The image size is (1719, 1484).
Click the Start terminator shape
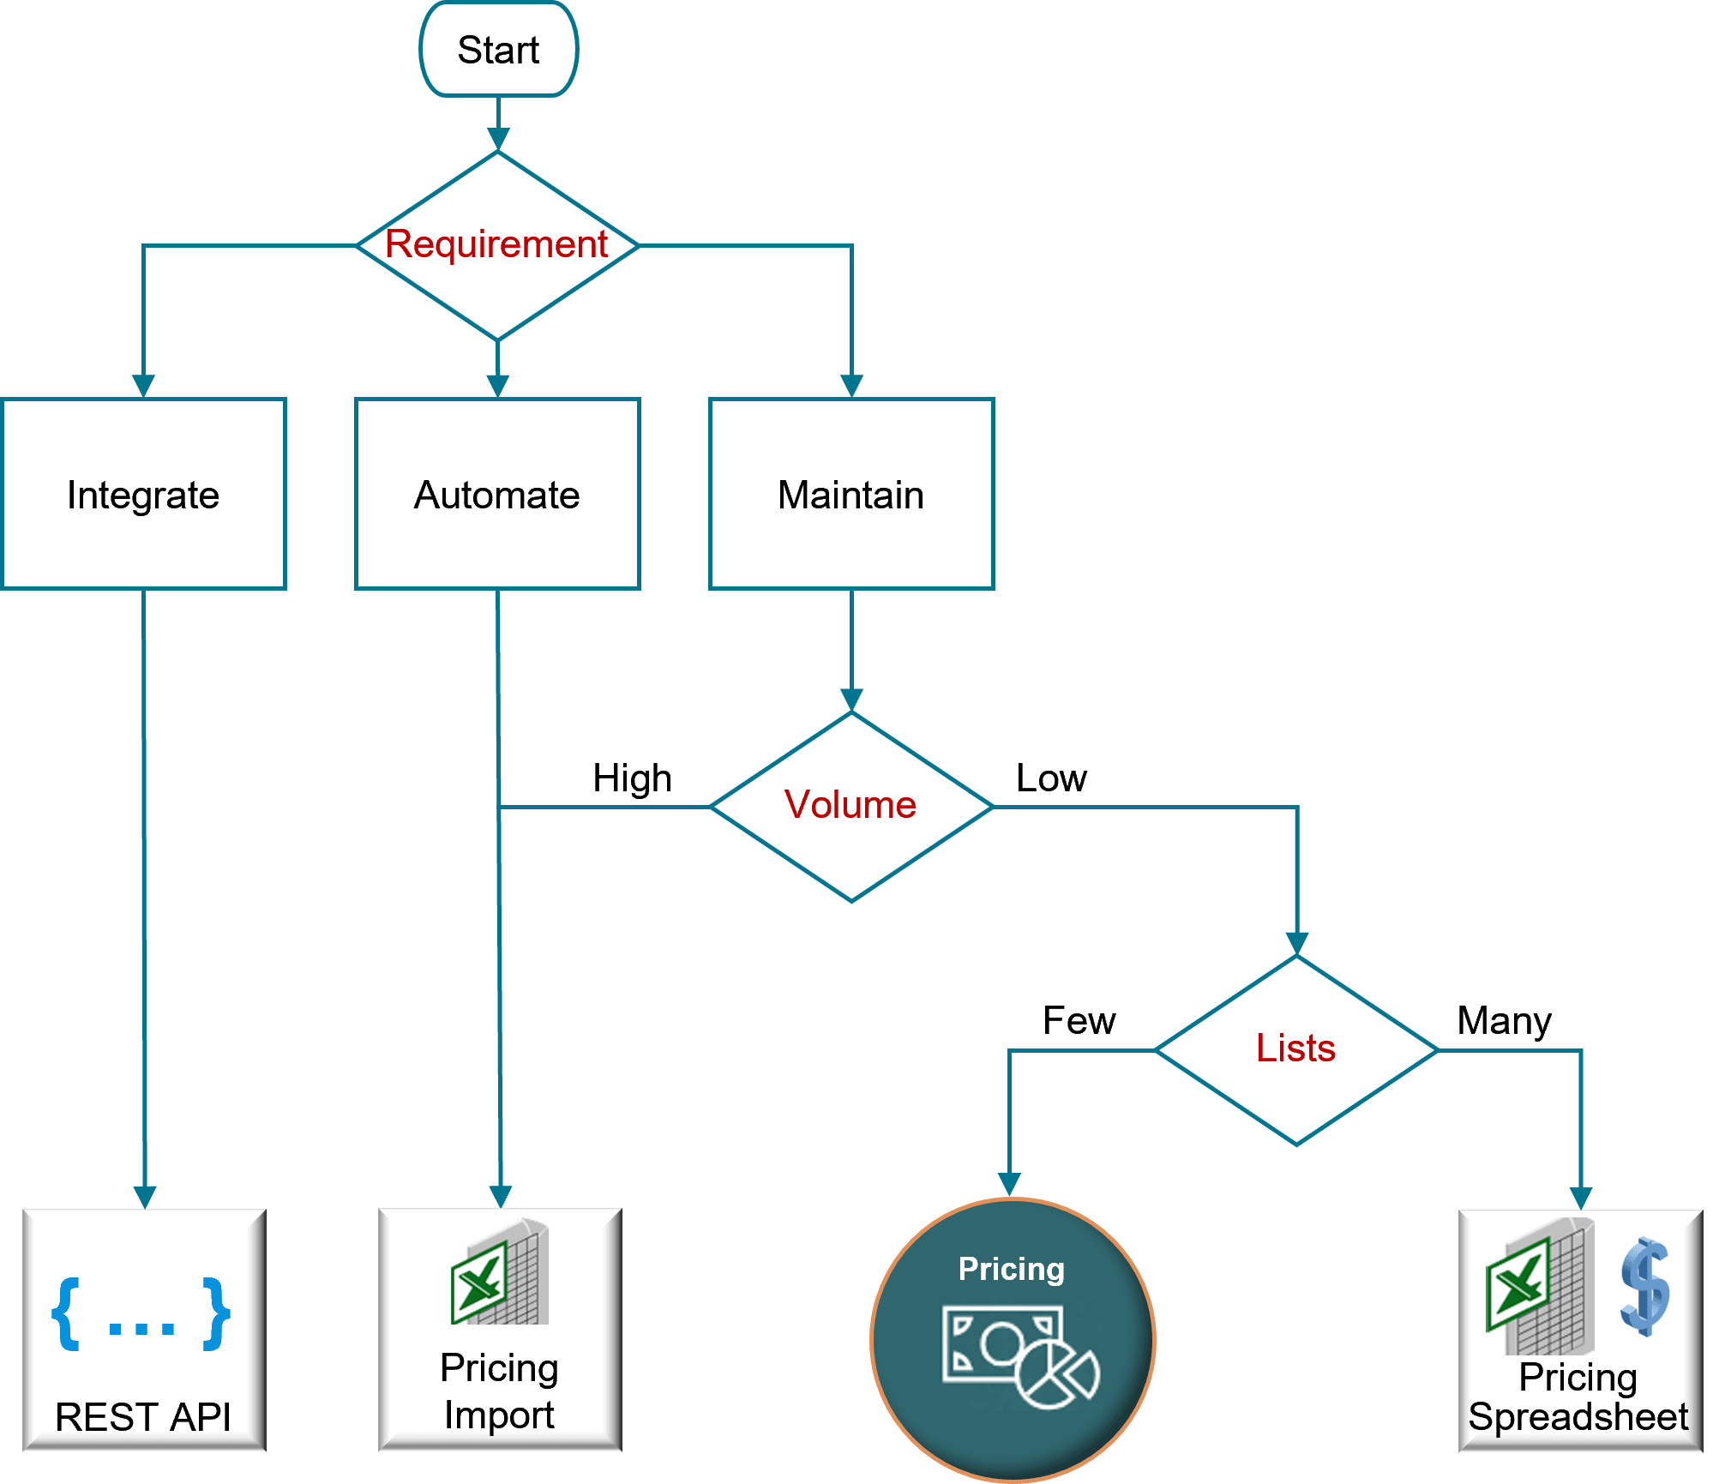click(498, 50)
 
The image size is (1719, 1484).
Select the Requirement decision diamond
click(497, 245)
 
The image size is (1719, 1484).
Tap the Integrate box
click(143, 495)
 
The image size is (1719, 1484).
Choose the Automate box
click(497, 495)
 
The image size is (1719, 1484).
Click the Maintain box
click(851, 495)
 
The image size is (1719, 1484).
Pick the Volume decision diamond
click(850, 806)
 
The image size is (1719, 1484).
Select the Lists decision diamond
click(1296, 1048)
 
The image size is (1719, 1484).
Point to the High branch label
click(632, 778)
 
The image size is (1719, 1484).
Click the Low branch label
click(1051, 778)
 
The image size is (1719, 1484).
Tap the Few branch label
click(1079, 1021)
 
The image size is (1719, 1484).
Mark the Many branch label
click(1504, 1021)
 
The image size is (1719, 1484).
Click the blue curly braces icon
click(141, 1314)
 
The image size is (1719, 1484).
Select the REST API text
click(143, 1416)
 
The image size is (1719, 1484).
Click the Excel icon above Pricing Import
click(500, 1273)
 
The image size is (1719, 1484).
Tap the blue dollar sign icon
click(1645, 1286)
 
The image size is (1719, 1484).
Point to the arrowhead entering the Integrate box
click(143, 386)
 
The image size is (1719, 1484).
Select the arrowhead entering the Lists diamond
click(1297, 944)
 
